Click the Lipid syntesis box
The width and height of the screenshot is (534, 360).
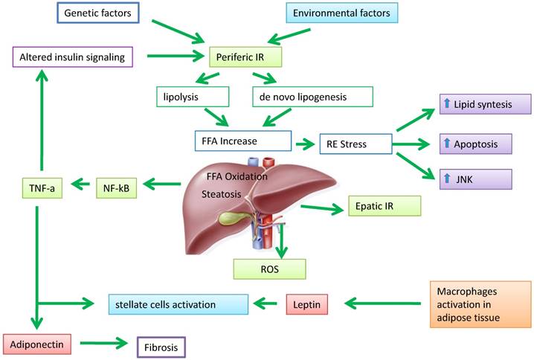483,104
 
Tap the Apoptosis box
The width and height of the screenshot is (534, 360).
483,142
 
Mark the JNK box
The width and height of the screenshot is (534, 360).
483,179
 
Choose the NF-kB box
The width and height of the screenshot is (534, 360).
117,188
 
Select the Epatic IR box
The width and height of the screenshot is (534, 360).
384,205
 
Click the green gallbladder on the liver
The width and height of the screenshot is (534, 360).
225,220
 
